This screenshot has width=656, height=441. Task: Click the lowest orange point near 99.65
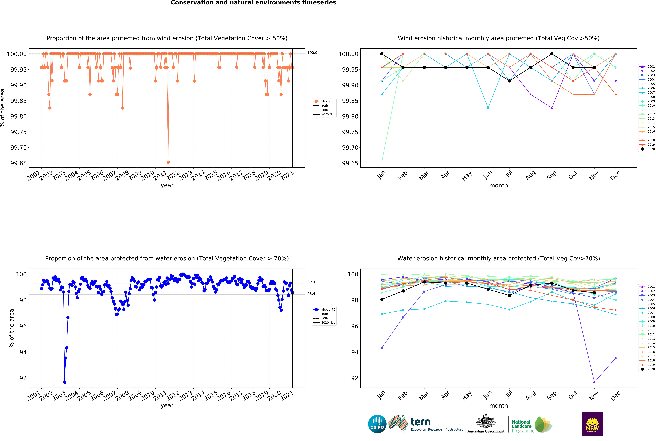168,162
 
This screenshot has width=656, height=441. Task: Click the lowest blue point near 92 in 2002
65,382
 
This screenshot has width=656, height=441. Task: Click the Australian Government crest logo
486,423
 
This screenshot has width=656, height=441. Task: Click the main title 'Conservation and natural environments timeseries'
253,3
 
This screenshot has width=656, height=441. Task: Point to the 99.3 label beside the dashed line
311,282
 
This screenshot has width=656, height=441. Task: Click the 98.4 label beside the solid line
311,294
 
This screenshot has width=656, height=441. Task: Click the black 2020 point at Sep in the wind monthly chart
552,54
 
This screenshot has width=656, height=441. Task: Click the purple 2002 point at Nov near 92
594,382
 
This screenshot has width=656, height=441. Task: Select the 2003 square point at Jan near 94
382,348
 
